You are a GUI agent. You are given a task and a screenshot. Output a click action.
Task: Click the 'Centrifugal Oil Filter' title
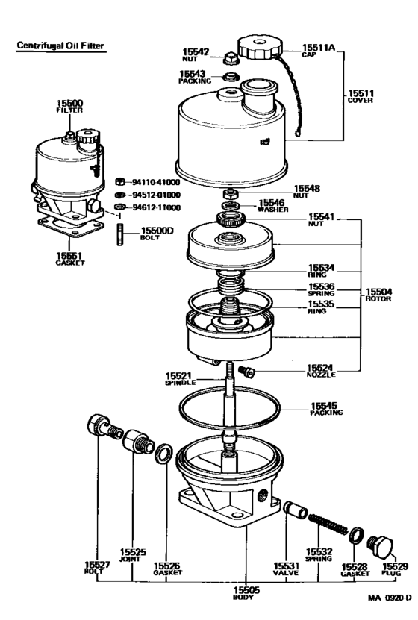coord(60,46)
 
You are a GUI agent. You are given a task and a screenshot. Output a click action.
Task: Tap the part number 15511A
coord(318,48)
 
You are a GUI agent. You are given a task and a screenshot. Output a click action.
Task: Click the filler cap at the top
coord(260,48)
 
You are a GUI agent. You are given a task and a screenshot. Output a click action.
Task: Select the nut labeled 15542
coord(229,59)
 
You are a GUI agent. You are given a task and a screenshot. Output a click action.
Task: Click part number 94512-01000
coord(156,195)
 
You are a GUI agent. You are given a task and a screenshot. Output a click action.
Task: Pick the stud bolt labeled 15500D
coord(120,234)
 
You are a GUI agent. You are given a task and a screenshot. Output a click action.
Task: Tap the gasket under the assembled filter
coord(71,227)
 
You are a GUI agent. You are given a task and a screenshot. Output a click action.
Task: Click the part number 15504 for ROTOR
coord(378,292)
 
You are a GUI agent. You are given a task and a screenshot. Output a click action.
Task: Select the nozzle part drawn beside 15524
coord(247,372)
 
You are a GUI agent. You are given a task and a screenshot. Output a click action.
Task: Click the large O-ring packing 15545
coord(229,407)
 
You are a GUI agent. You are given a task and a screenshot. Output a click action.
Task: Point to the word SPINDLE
coord(181,383)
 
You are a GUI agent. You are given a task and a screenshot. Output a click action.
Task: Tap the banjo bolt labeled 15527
coord(104,427)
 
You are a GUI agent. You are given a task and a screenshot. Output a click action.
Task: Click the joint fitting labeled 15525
coord(138,442)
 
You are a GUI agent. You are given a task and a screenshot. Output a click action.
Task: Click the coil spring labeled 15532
coord(328,524)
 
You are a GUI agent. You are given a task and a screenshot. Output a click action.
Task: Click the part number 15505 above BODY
coord(246,590)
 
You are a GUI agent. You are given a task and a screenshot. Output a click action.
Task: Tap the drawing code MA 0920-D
coord(390,609)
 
